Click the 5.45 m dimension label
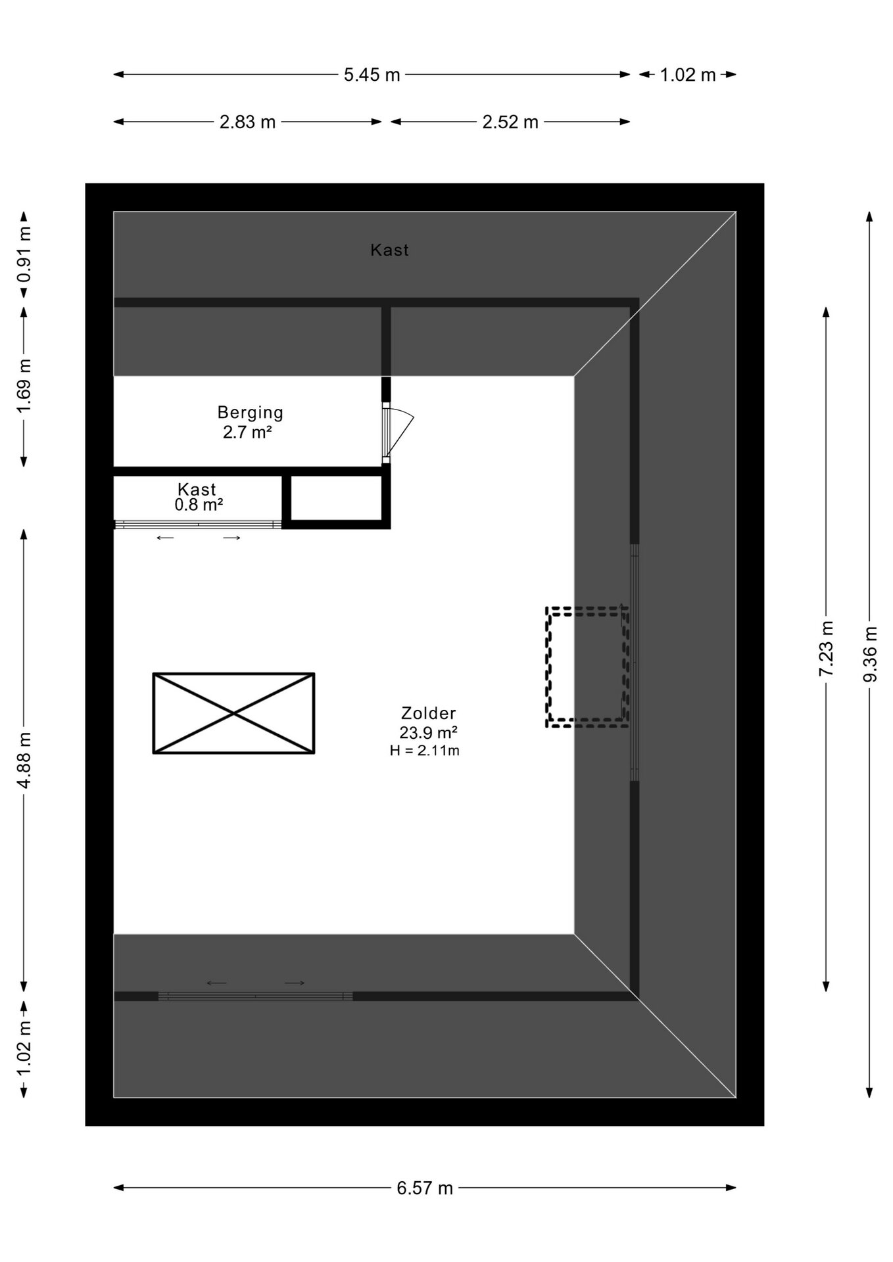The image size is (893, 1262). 372,75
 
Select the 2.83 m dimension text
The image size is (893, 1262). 247,122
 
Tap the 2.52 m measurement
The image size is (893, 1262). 510,122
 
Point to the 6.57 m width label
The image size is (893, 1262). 425,1188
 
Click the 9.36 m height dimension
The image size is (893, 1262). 871,654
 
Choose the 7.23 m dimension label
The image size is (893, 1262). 826,649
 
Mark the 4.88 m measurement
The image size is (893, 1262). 24,760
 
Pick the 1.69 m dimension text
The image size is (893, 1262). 24,386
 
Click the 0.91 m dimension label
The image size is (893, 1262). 24,254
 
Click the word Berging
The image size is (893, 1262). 251,413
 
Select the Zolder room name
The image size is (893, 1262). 429,713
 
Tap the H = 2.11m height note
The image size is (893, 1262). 425,751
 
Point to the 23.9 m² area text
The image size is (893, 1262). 428,732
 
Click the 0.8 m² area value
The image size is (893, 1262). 199,505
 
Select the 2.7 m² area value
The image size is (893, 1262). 247,432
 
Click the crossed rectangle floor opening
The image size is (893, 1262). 233,713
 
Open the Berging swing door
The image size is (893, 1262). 398,432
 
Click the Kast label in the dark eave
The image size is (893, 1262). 389,250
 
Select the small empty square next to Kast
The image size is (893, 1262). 336,498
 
